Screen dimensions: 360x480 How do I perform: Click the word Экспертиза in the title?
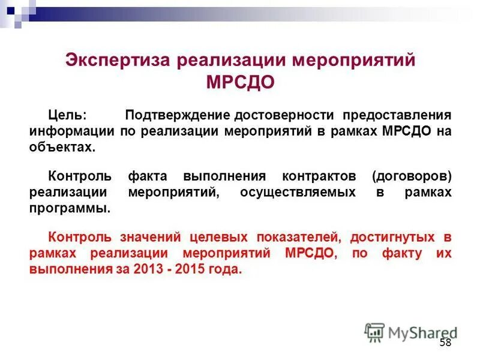point(112,61)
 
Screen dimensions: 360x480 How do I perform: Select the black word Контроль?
point(79,176)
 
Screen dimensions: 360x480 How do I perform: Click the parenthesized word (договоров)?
point(411,176)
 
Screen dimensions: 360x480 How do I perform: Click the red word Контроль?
point(79,238)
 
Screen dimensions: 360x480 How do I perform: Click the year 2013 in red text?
point(148,270)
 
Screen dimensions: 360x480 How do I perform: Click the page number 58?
point(445,343)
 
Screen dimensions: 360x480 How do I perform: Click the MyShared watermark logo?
point(410,332)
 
